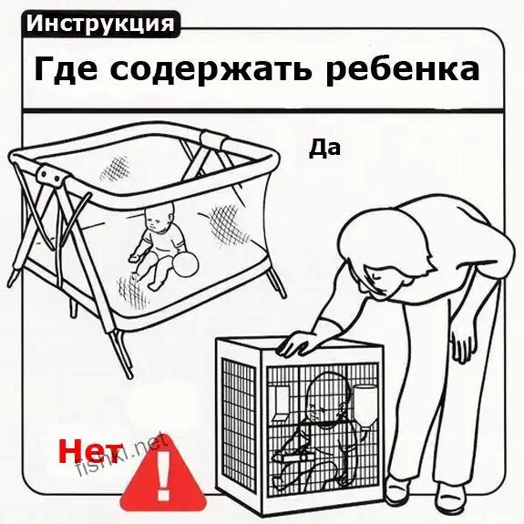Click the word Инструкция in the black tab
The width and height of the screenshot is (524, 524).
pos(100,24)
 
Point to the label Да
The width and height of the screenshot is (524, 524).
pos(324,148)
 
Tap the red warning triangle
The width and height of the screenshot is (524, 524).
pos(163,478)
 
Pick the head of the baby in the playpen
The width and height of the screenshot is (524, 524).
pos(159,216)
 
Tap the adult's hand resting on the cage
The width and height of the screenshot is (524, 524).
pos(297,344)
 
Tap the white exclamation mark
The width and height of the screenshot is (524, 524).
pos(163,477)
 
